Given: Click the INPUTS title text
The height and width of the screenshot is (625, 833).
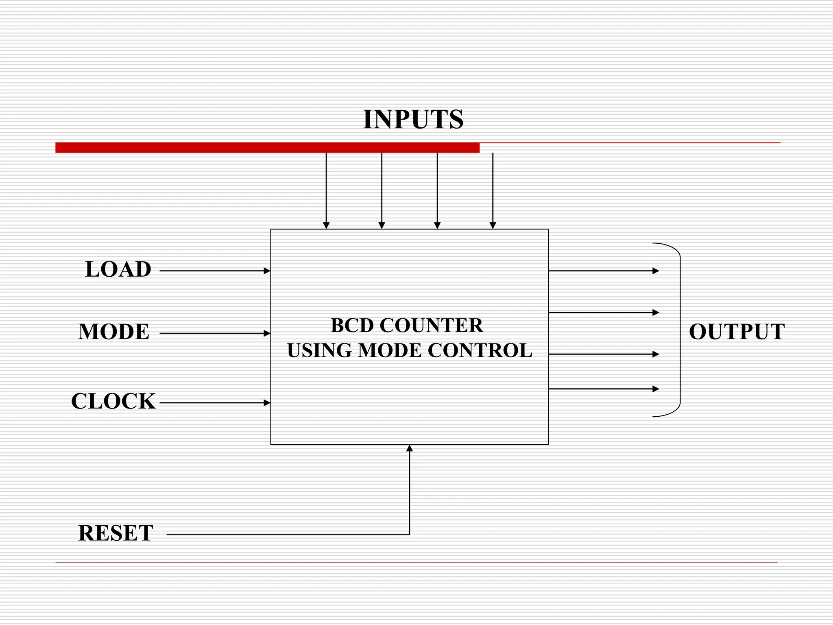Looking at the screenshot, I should click(413, 119).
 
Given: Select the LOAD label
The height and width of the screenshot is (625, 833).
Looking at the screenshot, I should click(118, 269).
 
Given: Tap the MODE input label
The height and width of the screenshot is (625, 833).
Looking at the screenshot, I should click(114, 332).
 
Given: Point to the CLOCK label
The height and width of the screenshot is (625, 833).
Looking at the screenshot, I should click(113, 401).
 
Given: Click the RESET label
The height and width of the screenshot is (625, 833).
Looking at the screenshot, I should click(116, 533).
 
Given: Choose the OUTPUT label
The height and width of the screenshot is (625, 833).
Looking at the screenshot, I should click(737, 332).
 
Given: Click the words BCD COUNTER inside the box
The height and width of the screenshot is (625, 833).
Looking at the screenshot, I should click(407, 326).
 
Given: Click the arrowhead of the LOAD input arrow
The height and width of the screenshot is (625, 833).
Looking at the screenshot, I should click(267, 271).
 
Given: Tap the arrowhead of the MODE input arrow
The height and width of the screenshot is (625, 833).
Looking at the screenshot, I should click(267, 333).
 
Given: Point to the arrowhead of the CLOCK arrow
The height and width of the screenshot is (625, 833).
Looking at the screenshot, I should click(267, 403).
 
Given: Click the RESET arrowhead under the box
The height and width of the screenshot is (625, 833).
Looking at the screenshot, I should click(410, 448).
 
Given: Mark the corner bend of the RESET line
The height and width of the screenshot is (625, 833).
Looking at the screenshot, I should click(409, 534).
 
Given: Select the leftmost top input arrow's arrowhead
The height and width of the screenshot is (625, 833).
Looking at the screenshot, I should click(326, 225).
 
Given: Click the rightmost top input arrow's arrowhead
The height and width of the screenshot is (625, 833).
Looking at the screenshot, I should click(493, 225).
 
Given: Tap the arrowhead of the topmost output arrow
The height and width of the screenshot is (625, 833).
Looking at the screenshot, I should click(656, 271).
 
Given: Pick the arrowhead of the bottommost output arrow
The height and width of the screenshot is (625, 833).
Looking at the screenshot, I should click(656, 389).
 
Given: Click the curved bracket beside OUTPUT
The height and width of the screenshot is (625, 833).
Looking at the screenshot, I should click(680, 330).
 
